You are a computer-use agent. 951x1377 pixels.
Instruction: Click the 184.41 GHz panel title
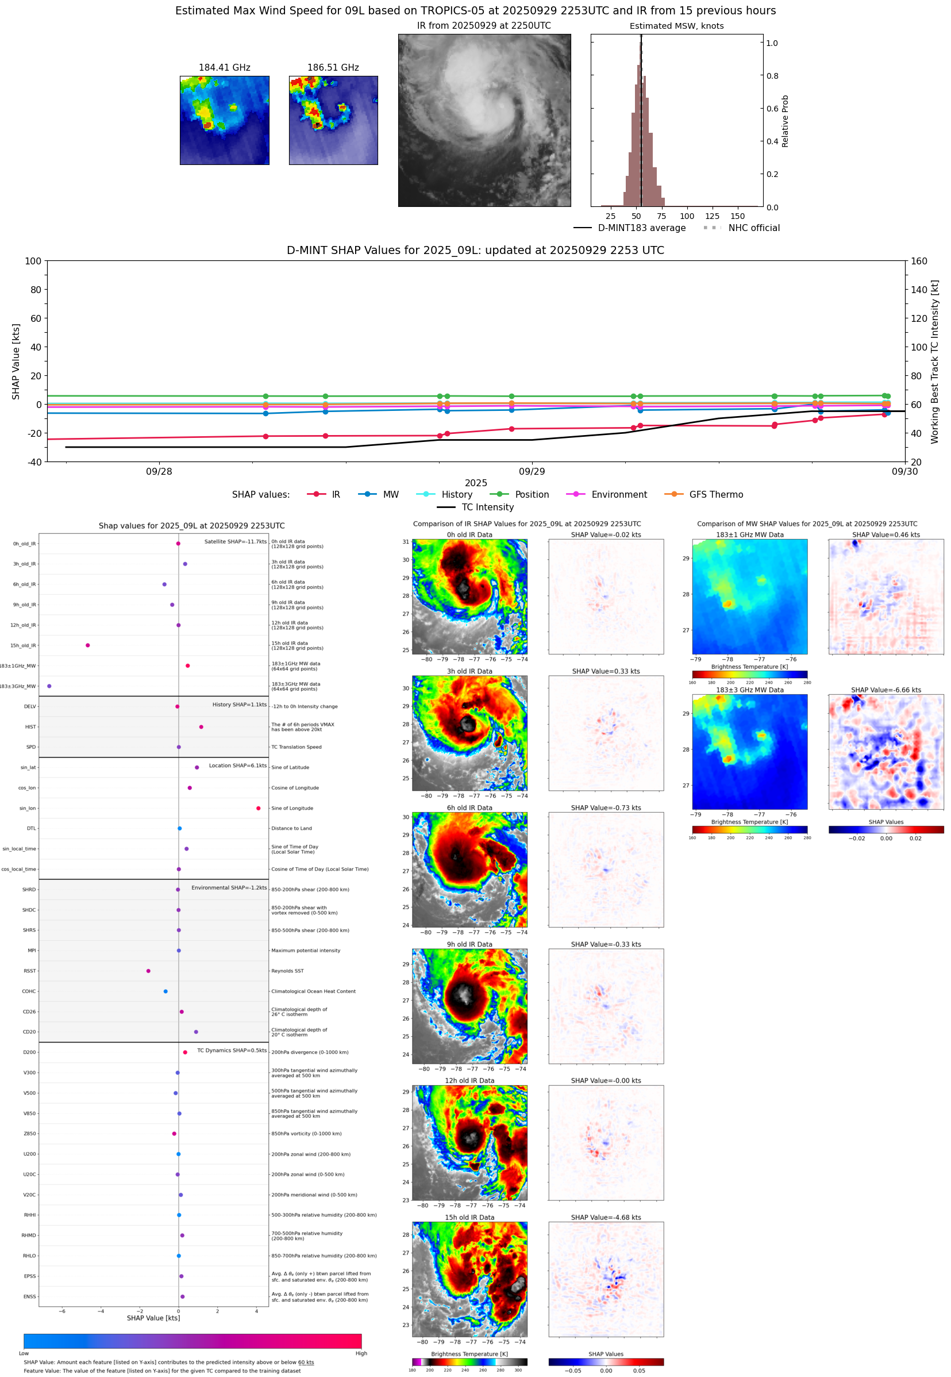[x=224, y=68]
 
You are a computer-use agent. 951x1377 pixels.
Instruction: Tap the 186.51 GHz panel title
[x=333, y=68]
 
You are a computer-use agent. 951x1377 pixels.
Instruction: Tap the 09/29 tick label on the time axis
[x=532, y=471]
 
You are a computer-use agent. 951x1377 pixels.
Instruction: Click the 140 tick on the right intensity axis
[x=919, y=290]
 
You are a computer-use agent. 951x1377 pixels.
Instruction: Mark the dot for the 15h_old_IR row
[x=87, y=645]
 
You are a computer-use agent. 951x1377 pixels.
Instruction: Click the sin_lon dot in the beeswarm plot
[x=258, y=808]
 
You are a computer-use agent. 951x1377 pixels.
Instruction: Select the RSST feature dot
[x=148, y=971]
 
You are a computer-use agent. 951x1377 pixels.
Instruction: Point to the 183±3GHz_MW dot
[x=49, y=686]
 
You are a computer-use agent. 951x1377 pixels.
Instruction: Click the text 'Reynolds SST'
[x=287, y=971]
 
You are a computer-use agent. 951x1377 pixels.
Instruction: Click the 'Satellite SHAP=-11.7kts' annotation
[x=236, y=541]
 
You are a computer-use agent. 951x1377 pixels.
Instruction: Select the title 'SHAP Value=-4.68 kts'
[x=606, y=1217]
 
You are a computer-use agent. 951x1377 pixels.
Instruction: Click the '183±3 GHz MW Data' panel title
[x=750, y=690]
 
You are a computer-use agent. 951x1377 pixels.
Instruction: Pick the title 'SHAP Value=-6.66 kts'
[x=885, y=690]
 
